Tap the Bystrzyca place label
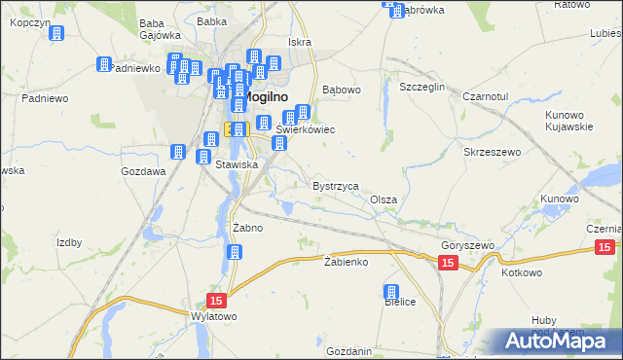[336, 185]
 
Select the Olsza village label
[384, 199]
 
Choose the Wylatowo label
[214, 317]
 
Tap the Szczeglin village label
[421, 87]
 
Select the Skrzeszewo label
[494, 153]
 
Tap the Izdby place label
[69, 242]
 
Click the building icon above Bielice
[392, 291]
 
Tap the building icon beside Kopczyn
[56, 33]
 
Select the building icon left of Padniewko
[103, 65]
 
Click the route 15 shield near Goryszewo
[447, 264]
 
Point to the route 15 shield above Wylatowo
[216, 302]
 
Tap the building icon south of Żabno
[235, 253]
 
